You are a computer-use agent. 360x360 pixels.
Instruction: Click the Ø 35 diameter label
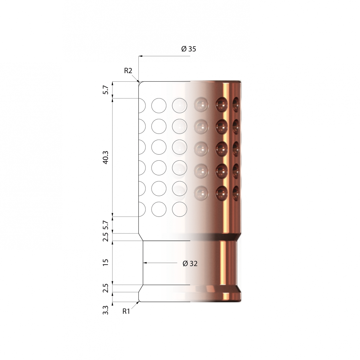(189, 49)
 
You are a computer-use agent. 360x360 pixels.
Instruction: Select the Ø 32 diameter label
(190, 264)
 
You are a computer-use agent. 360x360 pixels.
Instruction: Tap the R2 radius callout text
(128, 71)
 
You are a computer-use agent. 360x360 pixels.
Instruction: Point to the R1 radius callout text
(126, 312)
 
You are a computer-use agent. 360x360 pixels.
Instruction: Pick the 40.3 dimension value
(106, 158)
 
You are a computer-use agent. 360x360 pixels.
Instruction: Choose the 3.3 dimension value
(106, 310)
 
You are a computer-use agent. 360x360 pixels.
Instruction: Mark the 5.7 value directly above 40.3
(106, 90)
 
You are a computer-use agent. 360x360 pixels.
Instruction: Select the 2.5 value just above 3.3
(106, 288)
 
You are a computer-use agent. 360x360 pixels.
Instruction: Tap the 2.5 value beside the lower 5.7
(106, 237)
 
